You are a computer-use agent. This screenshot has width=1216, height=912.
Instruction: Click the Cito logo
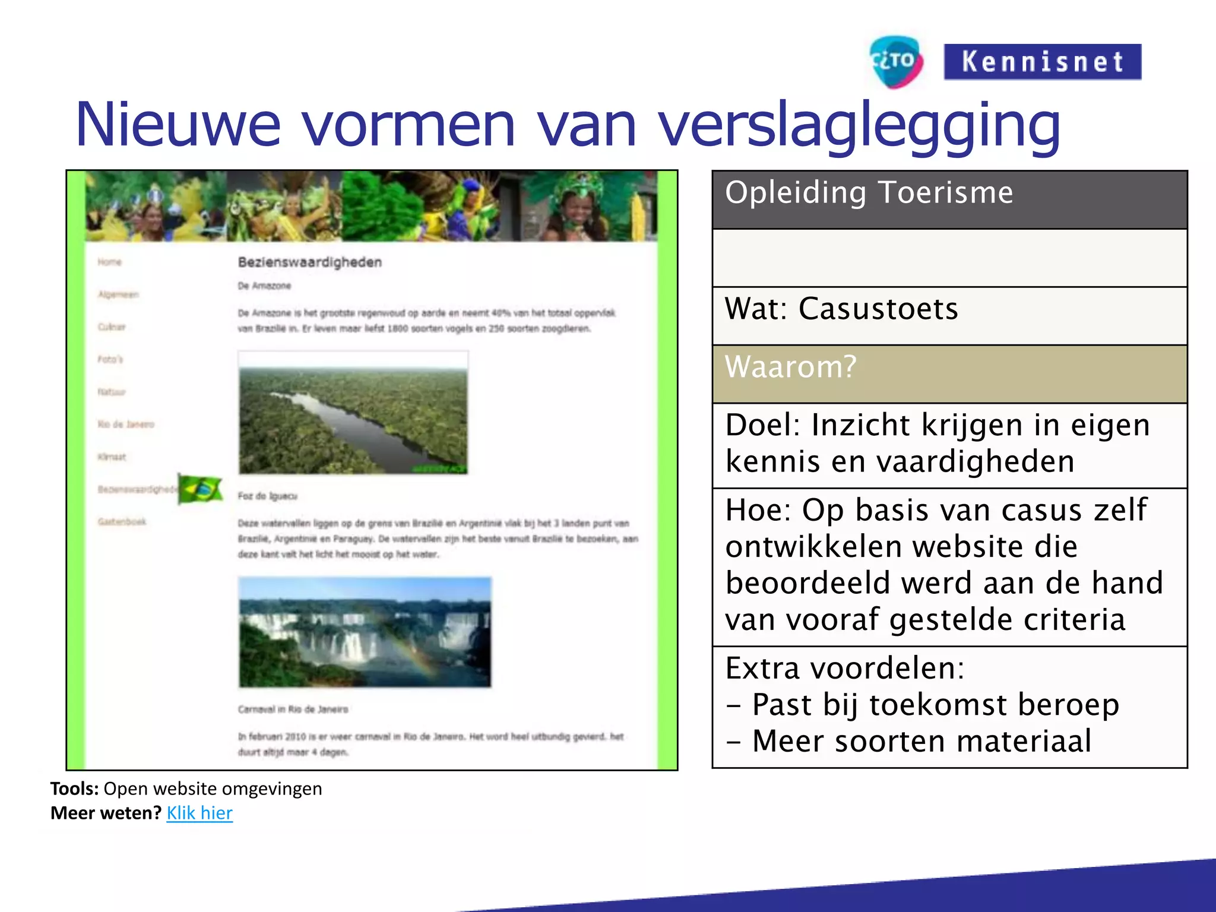click(895, 62)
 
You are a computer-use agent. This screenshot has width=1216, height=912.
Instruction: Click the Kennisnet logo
click(1042, 62)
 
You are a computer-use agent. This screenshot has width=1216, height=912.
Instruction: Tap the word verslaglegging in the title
click(859, 126)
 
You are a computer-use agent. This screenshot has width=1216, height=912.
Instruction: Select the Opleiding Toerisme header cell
click(949, 199)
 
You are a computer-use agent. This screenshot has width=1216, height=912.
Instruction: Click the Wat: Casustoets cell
click(949, 315)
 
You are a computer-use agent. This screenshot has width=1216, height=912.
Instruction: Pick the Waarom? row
click(949, 373)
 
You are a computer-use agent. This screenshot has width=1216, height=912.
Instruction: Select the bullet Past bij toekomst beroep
click(935, 705)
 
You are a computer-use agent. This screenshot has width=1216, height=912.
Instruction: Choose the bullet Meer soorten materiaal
click(921, 741)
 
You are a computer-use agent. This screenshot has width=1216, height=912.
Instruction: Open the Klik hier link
click(199, 813)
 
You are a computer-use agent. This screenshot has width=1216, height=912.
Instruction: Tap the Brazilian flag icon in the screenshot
click(201, 490)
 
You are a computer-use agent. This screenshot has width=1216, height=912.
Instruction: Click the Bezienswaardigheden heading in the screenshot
click(309, 262)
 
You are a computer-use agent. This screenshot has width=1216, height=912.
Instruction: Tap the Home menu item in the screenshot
click(110, 262)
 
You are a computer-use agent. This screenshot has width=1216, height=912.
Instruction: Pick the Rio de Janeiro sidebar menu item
click(126, 425)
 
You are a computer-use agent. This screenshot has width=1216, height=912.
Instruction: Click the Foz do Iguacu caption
click(267, 496)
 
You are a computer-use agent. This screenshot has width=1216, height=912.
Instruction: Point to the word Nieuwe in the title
click(178, 126)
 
